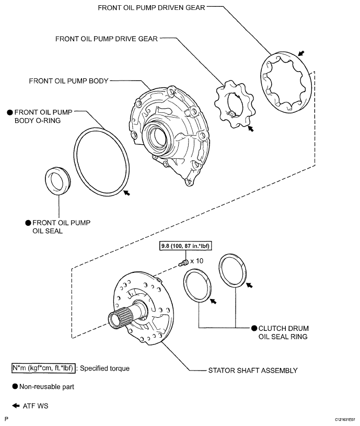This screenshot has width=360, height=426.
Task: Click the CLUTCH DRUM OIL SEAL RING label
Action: (283, 332)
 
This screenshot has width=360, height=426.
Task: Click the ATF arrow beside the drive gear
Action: (251, 129)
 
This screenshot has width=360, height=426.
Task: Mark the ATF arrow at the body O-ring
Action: (126, 193)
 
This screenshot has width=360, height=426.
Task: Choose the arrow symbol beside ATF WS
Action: (16, 405)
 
